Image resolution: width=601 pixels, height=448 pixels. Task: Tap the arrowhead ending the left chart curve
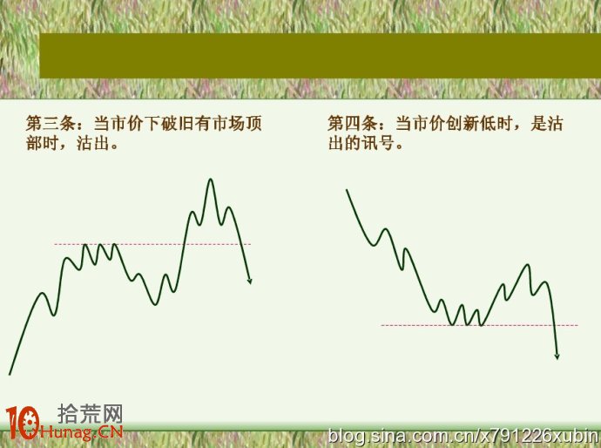click(249, 282)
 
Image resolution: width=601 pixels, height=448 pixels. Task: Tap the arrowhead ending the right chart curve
click(557, 356)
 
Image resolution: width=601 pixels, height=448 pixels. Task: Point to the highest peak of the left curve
click(210, 180)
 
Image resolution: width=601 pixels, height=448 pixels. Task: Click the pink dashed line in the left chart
click(152, 244)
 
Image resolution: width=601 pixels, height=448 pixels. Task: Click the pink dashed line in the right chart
click(480, 325)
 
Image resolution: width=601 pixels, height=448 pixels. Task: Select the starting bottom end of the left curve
click(10, 375)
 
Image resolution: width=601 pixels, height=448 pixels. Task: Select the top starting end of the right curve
click(347, 190)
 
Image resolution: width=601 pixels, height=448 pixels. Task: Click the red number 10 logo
click(23, 423)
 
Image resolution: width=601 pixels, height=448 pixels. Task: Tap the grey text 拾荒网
click(90, 414)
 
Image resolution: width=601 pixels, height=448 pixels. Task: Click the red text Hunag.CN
click(81, 432)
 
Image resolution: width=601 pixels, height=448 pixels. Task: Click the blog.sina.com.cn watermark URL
click(463, 436)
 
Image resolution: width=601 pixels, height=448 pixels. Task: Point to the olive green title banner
click(320, 56)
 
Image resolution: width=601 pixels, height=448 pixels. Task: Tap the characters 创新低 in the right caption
click(470, 124)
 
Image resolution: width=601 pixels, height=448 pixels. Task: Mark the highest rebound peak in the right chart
click(528, 265)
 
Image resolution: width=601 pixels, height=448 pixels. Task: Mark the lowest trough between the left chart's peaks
click(155, 304)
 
